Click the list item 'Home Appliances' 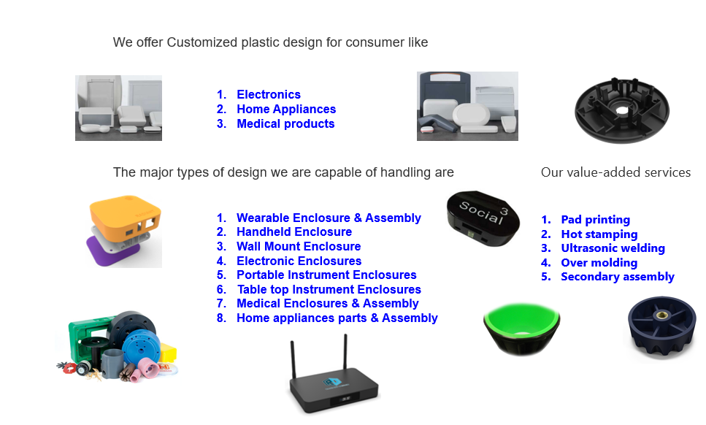(x=286, y=109)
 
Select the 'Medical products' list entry (x=285, y=123)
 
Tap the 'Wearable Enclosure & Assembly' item (x=329, y=218)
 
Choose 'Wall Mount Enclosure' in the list (x=299, y=246)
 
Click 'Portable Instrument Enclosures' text (x=326, y=275)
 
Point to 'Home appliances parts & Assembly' (x=337, y=318)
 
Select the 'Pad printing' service (x=595, y=220)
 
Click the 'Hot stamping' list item (x=599, y=234)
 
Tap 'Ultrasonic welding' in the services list (x=613, y=248)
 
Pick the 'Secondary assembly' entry (x=617, y=277)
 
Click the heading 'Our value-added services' (x=615, y=172)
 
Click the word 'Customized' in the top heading (x=202, y=42)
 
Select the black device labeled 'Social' (x=483, y=218)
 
